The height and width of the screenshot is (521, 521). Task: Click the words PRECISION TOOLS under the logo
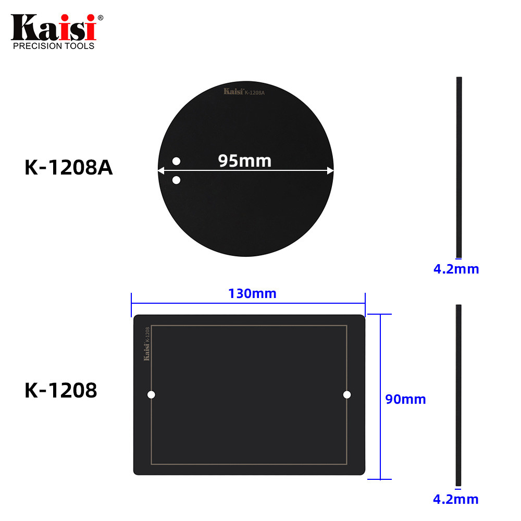53,46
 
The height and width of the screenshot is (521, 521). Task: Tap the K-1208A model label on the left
68,167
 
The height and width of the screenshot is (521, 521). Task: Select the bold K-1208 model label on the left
60,390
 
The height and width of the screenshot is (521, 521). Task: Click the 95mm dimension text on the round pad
245,161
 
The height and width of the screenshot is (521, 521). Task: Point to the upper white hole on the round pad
176,160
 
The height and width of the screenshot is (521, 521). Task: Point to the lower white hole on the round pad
176,180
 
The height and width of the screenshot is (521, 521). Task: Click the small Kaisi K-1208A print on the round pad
244,92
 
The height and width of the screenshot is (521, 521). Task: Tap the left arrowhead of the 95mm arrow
160,170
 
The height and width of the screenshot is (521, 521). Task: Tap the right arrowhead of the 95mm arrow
330,170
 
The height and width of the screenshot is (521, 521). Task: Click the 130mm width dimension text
252,293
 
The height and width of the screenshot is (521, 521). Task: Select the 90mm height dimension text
405,399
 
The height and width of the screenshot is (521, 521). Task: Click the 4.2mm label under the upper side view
456,269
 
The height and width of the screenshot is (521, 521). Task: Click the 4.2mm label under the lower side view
456,499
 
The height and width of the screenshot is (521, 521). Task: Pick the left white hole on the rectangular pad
151,394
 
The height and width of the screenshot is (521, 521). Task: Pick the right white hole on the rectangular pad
347,394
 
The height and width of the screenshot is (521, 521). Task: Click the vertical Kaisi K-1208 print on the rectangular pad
146,343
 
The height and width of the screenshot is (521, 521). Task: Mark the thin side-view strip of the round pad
459,167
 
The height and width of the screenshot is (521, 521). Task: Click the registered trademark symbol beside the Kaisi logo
101,18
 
